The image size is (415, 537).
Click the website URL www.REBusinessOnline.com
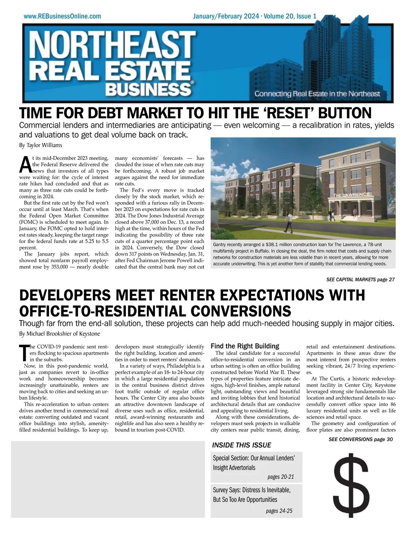click(x=62, y=16)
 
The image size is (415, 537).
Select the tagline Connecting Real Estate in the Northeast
click(x=317, y=94)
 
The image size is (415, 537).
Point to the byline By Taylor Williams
click(x=40, y=145)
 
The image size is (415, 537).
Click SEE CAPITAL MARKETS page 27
click(x=360, y=279)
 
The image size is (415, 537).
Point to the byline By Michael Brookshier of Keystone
click(x=59, y=334)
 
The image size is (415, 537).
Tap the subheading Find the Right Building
click(x=245, y=346)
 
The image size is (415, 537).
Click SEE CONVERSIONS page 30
click(x=361, y=439)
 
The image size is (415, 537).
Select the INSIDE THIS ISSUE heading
click(x=241, y=445)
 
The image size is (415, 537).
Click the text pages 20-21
click(x=280, y=477)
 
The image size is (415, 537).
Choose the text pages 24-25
click(x=279, y=511)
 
